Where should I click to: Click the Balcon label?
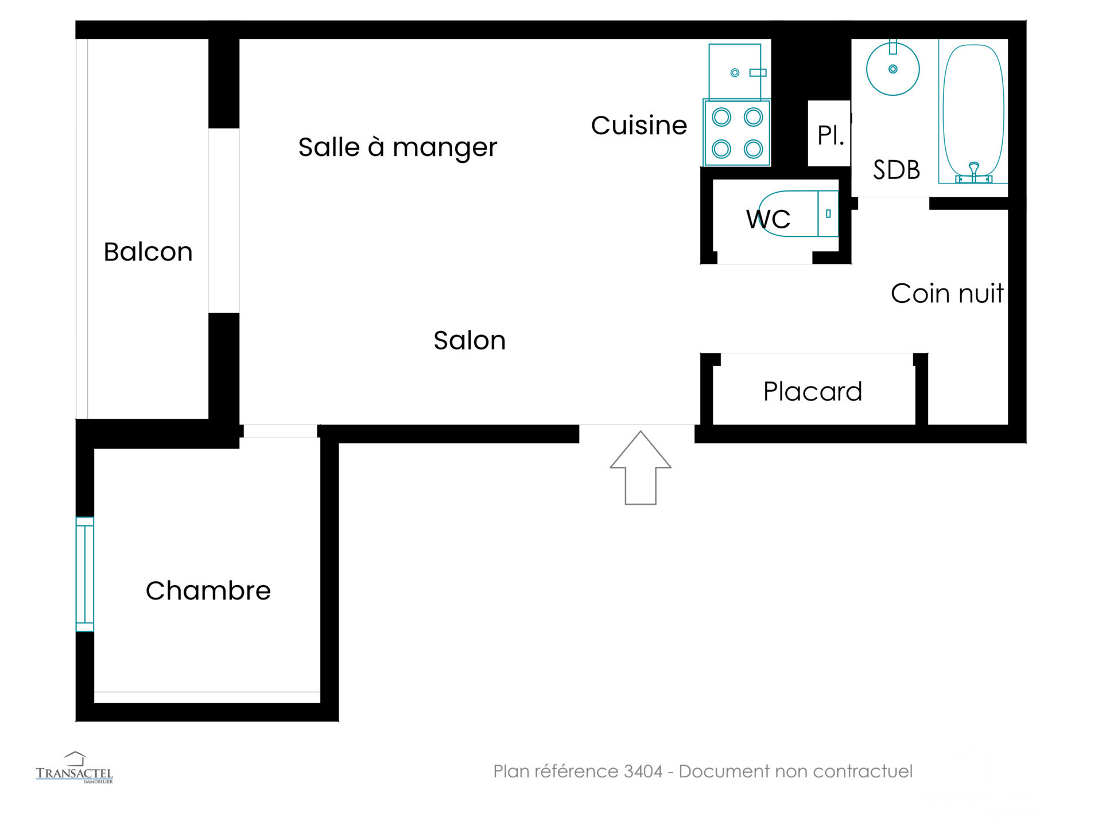point(148,252)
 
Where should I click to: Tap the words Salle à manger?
point(398,147)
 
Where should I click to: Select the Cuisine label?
point(639,126)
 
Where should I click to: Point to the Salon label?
point(469,341)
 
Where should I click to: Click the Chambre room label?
point(208,591)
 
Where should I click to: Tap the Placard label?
point(813,392)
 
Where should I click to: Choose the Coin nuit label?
point(947,294)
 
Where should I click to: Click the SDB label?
point(897,170)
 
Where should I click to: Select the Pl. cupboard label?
point(831,135)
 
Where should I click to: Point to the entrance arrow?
point(641,467)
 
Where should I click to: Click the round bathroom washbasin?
point(893,69)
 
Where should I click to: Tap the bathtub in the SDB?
point(973,111)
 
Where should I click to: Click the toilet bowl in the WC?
point(798,213)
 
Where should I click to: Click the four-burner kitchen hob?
point(737,133)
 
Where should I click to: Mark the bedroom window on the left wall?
point(85,574)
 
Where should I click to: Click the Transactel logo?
point(75,767)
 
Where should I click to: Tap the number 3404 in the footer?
point(643,772)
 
